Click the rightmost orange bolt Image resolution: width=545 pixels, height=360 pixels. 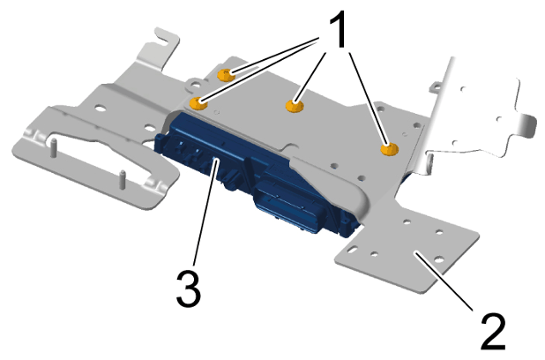click(x=387, y=150)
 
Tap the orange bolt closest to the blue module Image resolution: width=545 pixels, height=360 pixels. click(x=201, y=103)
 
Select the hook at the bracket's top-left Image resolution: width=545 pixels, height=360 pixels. click(x=161, y=40)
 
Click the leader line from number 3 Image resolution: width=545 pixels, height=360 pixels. click(x=204, y=212)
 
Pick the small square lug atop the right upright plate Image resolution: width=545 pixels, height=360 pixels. click(x=437, y=87)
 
